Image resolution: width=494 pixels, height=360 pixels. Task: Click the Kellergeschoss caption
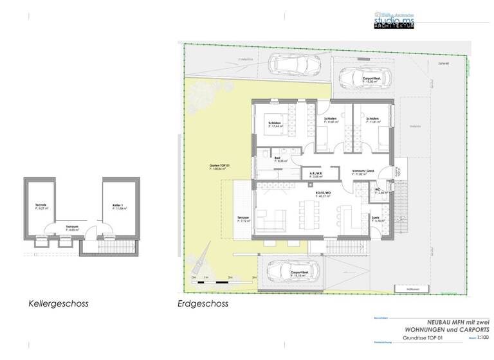click(x=58, y=303)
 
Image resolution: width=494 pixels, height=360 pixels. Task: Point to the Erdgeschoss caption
click(x=203, y=303)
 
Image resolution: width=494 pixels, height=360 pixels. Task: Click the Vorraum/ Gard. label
click(x=363, y=172)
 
